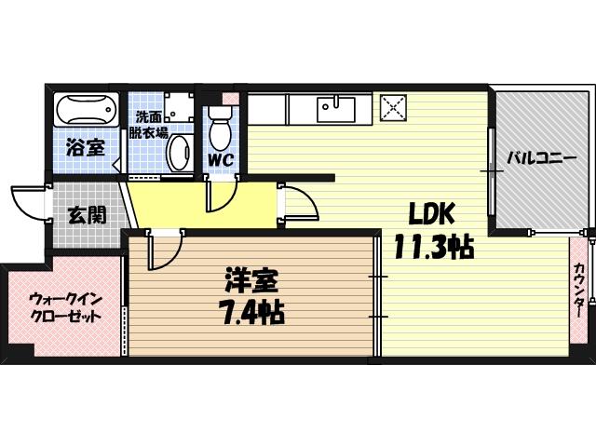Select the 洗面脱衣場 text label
[151, 125]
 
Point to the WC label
[220, 159]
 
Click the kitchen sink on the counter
[332, 109]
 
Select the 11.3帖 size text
[433, 248]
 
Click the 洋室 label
[250, 279]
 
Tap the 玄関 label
[86, 214]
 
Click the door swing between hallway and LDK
[296, 203]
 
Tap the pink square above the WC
[229, 98]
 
